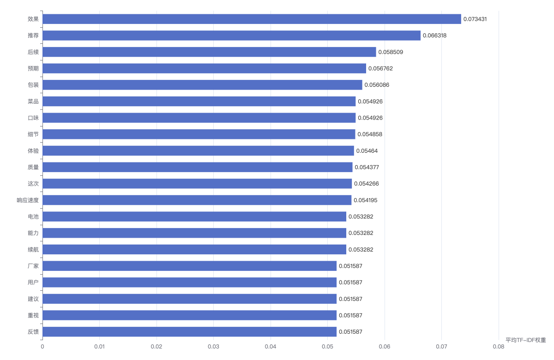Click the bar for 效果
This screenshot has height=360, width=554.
pos(252,19)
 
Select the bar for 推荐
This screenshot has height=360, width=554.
pos(231,36)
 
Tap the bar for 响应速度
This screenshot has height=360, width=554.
pos(197,200)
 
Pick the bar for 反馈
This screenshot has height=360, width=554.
pos(189,331)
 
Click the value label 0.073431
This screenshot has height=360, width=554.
pos(475,19)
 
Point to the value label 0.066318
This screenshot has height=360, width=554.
pos(434,36)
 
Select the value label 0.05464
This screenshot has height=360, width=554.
pos(367,151)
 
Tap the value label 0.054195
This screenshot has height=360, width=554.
pos(365,200)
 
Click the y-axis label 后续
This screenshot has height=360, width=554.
pos(33,52)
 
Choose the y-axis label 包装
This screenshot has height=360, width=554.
pos(33,85)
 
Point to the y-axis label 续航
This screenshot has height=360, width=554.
pos(33,250)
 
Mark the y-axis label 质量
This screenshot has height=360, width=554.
pos(33,167)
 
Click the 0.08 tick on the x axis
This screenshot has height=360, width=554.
pos(498,347)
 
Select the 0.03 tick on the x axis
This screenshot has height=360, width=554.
pos(213,347)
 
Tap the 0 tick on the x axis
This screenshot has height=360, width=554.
pos(42,347)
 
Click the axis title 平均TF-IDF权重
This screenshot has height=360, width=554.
pos(525,340)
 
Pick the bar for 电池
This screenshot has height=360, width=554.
pos(194,216)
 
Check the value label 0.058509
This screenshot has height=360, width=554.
pos(391,52)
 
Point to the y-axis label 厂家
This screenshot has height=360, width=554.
pos(33,266)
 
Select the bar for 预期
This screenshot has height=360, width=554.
pos(204,68)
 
